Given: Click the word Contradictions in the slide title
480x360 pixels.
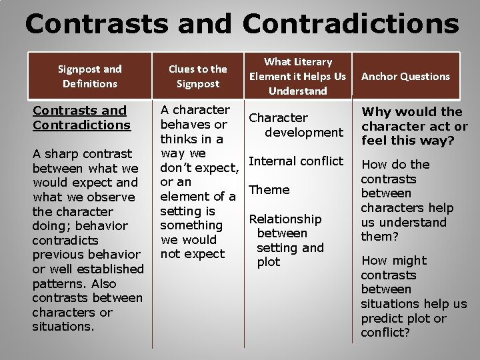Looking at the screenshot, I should (x=351, y=24).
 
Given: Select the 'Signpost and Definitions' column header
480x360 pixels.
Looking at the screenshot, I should (x=89, y=76).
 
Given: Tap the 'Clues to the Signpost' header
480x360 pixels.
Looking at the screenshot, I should (x=197, y=76).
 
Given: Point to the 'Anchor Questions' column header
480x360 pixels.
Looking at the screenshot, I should (x=405, y=77).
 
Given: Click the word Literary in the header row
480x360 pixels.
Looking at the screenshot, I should (x=312, y=61).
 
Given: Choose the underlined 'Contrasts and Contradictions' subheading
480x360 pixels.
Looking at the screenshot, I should (x=81, y=117).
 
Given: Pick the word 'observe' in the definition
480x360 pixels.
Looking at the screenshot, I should (x=111, y=197).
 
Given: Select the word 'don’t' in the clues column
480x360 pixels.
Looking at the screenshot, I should (x=178, y=168).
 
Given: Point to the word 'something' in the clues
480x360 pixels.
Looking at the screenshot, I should (x=191, y=225).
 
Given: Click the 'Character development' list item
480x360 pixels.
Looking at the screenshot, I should (x=295, y=125).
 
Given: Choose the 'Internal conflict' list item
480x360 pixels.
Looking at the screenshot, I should (x=295, y=161).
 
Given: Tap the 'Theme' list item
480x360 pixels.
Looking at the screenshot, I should (x=269, y=190).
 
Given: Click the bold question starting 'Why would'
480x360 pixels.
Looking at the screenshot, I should (x=414, y=126).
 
